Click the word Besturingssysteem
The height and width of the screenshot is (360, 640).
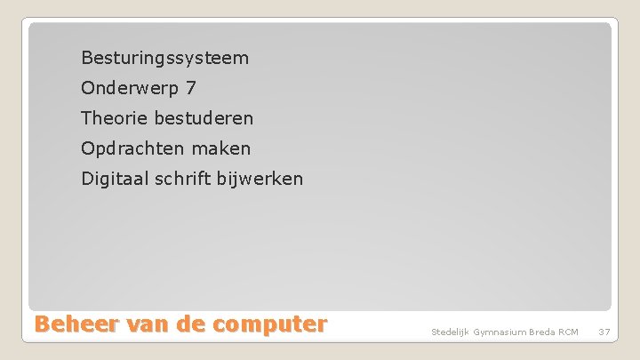pyautogui.click(x=164, y=59)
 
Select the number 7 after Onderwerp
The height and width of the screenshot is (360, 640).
pyautogui.click(x=191, y=88)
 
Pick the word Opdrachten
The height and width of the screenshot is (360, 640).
pyautogui.click(x=133, y=148)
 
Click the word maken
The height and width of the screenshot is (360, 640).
pyautogui.click(x=221, y=148)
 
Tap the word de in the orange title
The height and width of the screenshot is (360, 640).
pyautogui.click(x=191, y=324)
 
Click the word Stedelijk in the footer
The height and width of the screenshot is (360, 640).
pyautogui.click(x=451, y=332)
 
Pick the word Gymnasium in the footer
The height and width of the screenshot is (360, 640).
pyautogui.click(x=500, y=332)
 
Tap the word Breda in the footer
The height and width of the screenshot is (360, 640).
pyautogui.click(x=542, y=332)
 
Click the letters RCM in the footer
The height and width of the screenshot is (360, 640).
pyautogui.click(x=569, y=332)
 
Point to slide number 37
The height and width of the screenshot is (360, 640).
pyautogui.click(x=604, y=332)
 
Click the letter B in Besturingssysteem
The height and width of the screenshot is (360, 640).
pyautogui.click(x=86, y=59)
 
